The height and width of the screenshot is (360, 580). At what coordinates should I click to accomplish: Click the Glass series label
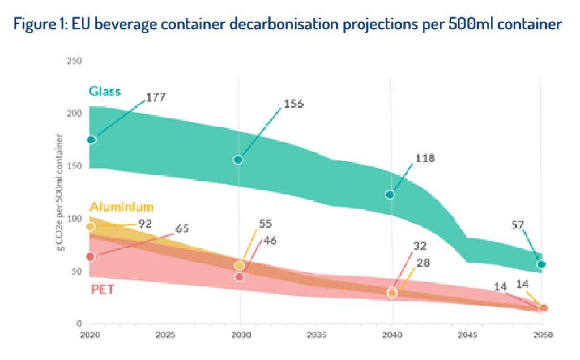tap(105, 92)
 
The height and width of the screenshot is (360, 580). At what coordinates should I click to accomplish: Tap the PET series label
tap(103, 290)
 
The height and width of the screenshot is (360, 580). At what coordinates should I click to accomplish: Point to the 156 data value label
tap(293, 104)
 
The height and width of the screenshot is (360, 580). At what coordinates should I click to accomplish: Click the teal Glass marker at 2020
tap(91, 140)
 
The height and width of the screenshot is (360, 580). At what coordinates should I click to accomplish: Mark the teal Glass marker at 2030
tap(238, 160)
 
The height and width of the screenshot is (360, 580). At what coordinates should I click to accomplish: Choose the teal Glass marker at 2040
tap(390, 195)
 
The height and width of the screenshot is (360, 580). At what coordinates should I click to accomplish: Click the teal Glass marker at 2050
tap(541, 264)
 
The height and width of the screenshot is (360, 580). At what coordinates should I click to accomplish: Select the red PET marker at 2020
tap(91, 257)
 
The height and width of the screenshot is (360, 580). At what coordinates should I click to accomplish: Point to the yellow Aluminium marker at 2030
tap(239, 265)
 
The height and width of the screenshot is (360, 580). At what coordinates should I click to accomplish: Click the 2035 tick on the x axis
tap(316, 335)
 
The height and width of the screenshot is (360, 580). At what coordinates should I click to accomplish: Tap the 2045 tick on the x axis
tap(467, 335)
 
